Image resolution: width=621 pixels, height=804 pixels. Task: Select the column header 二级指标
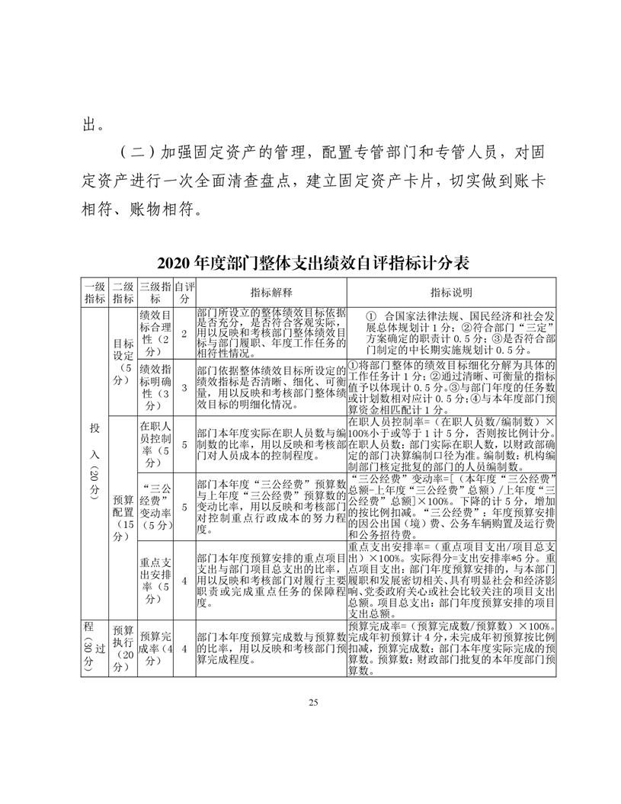pyautogui.click(x=123, y=293)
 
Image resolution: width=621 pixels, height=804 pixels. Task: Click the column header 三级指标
pyautogui.click(x=154, y=293)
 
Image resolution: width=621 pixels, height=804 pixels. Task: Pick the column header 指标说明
pyautogui.click(x=451, y=293)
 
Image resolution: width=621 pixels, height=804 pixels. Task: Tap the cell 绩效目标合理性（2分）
pyautogui.click(x=154, y=333)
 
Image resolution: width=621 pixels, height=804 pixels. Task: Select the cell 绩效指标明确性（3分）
pyautogui.click(x=154, y=387)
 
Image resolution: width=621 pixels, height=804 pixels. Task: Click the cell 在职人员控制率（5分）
pyautogui.click(x=154, y=441)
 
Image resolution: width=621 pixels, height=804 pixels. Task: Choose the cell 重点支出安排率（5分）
pyautogui.click(x=154, y=581)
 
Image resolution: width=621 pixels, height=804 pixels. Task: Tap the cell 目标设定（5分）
pyautogui.click(x=123, y=360)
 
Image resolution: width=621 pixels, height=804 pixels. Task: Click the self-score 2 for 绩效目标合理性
pyautogui.click(x=184, y=333)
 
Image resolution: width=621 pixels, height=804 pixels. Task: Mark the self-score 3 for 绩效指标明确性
pyautogui.click(x=184, y=387)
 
